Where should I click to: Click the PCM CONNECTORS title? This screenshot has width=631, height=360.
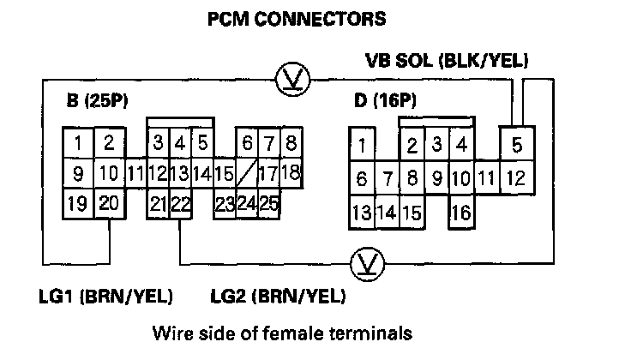pyautogui.click(x=297, y=17)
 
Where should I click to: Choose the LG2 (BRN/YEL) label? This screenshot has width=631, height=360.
pyautogui.click(x=278, y=297)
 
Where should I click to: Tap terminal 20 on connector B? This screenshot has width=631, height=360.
pyautogui.click(x=108, y=204)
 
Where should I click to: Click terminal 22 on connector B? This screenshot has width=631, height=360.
pyautogui.click(x=179, y=204)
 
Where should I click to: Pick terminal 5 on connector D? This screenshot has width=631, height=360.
pyautogui.click(x=516, y=144)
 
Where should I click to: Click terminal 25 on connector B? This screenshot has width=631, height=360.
pyautogui.click(x=268, y=204)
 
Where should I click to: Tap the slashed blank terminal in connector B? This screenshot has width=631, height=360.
pyautogui.click(x=245, y=173)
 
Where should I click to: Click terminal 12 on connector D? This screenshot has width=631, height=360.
pyautogui.click(x=515, y=179)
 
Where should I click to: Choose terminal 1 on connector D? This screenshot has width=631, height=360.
pyautogui.click(x=363, y=144)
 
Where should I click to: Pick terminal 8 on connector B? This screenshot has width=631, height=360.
pyautogui.click(x=290, y=142)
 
